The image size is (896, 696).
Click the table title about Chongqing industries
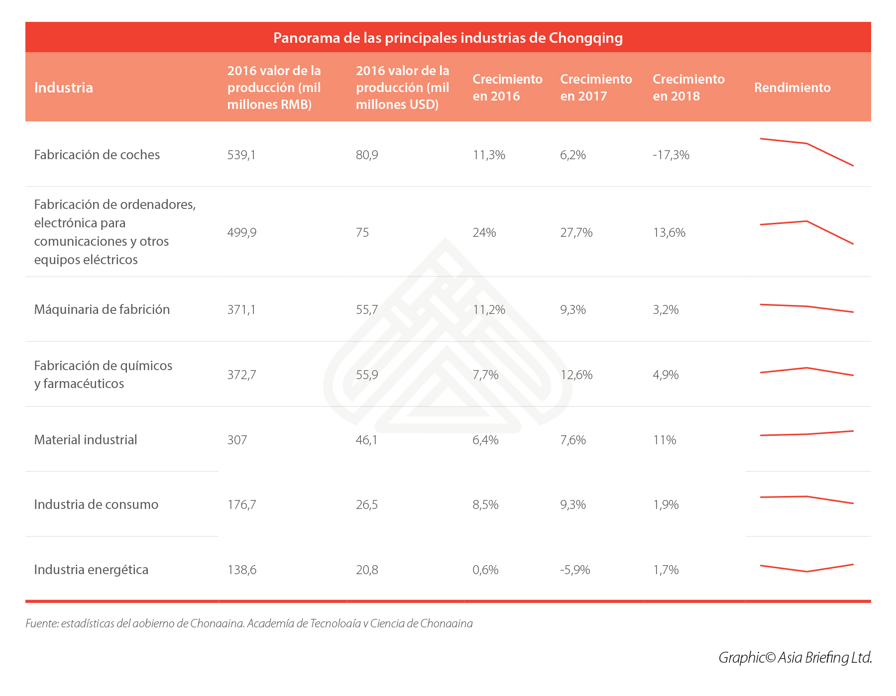pyautogui.click(x=448, y=38)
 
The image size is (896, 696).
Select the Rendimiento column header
pyautogui.click(x=792, y=88)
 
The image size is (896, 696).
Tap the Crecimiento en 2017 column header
pyautogui.click(x=596, y=88)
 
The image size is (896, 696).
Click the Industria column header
pyautogui.click(x=64, y=88)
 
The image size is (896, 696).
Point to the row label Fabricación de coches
pyautogui.click(x=97, y=155)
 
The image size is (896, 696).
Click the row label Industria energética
pyautogui.click(x=91, y=570)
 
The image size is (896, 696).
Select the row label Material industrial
pyautogui.click(x=86, y=440)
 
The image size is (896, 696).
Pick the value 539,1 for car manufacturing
pyautogui.click(x=241, y=155)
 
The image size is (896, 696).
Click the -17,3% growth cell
pyautogui.click(x=671, y=155)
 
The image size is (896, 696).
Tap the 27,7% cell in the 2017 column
pyautogui.click(x=576, y=232)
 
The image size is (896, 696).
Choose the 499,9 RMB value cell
pyautogui.click(x=242, y=232)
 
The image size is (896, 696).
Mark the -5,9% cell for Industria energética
pyautogui.click(x=575, y=570)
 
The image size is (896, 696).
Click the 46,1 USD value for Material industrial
pyautogui.click(x=366, y=440)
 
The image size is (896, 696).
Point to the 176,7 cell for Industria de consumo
pyautogui.click(x=241, y=504)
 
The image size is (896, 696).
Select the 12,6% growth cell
pyautogui.click(x=576, y=375)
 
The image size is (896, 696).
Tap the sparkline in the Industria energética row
pyautogui.click(x=806, y=568)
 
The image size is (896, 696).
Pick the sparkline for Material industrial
pyautogui.click(x=806, y=433)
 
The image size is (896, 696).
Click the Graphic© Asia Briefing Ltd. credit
pyautogui.click(x=795, y=657)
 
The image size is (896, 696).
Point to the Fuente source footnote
pyautogui.click(x=249, y=623)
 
